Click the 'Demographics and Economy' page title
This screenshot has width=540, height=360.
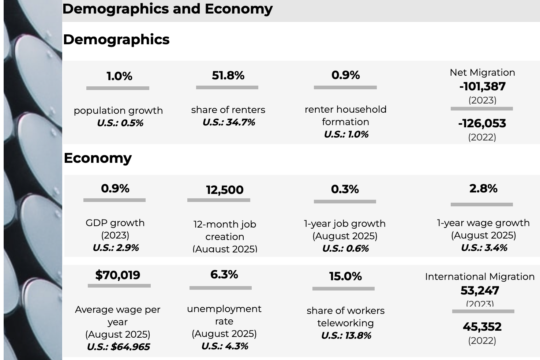167,9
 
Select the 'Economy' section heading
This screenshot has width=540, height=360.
98,158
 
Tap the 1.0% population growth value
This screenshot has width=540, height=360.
119,76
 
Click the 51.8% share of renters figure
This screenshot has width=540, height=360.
228,75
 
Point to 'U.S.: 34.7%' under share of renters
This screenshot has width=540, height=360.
229,122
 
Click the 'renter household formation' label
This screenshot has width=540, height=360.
345,115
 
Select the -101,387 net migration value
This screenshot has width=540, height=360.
482,86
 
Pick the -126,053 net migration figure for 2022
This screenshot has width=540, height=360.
482,123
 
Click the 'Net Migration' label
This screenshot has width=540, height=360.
482,72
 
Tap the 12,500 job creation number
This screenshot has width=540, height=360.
225,190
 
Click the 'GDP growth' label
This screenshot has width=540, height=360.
115,223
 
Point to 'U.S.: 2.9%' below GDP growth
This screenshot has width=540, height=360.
116,248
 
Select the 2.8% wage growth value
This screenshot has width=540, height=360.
483,188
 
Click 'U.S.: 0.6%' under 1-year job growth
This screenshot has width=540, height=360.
345,248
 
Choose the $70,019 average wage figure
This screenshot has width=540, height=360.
117,275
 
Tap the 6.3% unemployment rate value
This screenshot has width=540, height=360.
224,274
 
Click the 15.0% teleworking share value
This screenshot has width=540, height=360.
345,276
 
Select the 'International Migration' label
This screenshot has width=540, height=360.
480,277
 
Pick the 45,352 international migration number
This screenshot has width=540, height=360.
482,326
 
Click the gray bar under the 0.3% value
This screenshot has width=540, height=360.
345,202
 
